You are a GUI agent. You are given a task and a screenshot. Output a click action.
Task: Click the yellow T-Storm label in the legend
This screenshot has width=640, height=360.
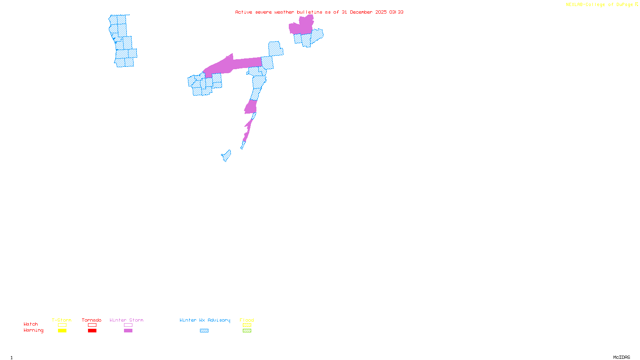[x=62, y=320]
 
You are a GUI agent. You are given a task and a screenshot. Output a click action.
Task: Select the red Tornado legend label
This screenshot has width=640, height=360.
[x=92, y=320]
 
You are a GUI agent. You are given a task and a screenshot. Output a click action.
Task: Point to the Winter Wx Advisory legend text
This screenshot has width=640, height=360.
[x=205, y=320]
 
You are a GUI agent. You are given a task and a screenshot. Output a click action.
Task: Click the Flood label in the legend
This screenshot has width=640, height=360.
[x=247, y=320]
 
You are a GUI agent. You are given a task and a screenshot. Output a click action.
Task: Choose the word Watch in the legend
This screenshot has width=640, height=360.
[x=31, y=324]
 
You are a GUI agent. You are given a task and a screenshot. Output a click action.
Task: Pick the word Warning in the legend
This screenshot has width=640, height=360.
[x=33, y=330]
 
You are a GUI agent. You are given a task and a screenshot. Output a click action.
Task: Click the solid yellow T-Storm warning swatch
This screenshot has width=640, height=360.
[x=62, y=331]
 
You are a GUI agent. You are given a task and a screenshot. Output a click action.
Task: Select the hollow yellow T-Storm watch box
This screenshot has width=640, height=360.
[x=62, y=325]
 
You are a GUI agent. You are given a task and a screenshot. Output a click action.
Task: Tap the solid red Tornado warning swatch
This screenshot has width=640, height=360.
[x=92, y=331]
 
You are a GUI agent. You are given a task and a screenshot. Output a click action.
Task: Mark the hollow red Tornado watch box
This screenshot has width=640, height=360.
[x=92, y=325]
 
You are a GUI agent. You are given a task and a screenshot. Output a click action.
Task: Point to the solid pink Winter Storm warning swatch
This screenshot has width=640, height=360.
[x=128, y=331]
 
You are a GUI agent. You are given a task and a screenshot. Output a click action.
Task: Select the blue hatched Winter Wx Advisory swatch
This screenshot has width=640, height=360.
[x=204, y=331]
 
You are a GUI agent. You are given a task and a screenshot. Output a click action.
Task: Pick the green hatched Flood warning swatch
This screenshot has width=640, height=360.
[x=247, y=331]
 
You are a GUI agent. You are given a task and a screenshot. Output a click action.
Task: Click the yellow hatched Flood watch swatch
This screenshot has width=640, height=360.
[x=247, y=325]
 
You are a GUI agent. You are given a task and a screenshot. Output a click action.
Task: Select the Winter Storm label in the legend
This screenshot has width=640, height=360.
[x=126, y=320]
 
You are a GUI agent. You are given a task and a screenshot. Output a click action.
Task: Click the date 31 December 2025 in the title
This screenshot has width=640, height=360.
[x=364, y=12]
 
